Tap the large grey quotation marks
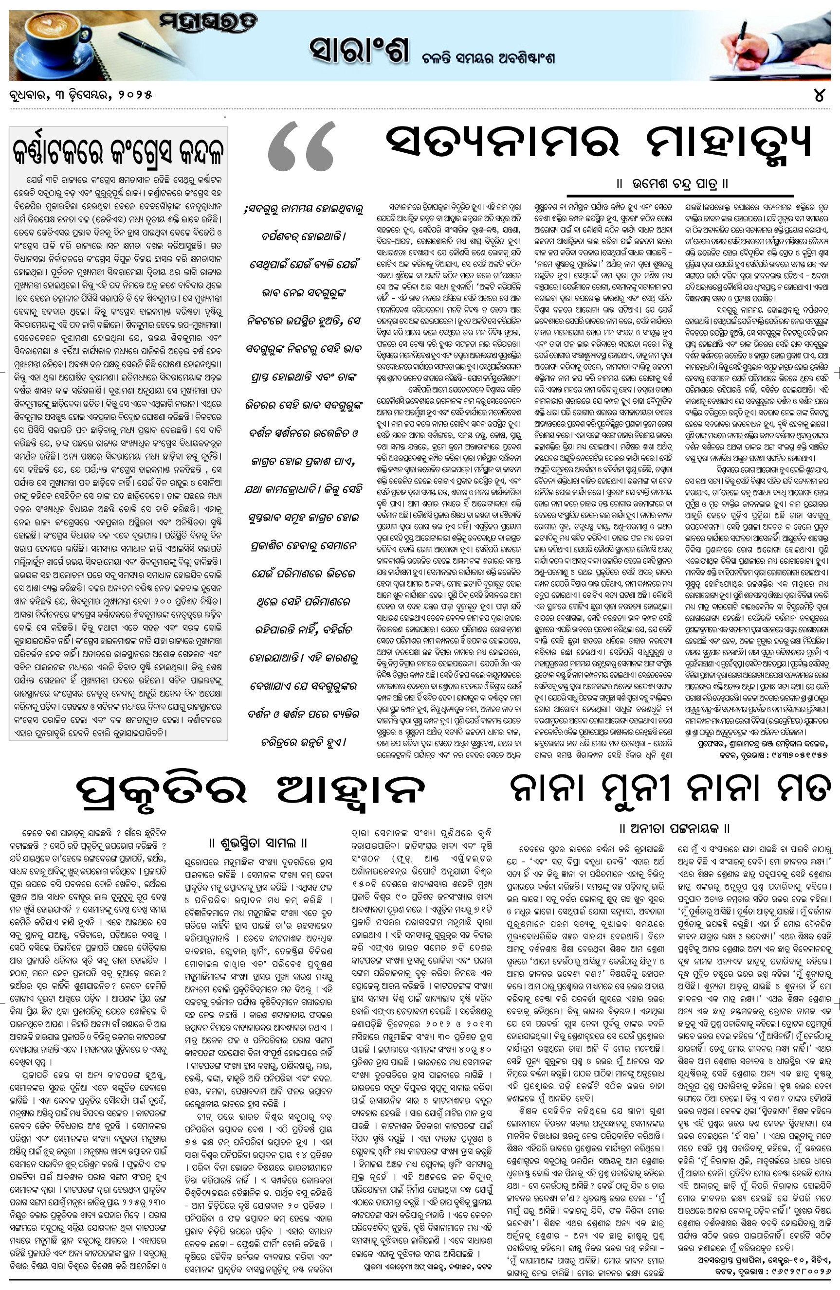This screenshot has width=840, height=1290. point(302,146)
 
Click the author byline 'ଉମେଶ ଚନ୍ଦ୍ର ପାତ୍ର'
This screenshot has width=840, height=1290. point(673,184)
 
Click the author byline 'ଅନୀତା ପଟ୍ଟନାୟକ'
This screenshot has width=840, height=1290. point(674,828)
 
